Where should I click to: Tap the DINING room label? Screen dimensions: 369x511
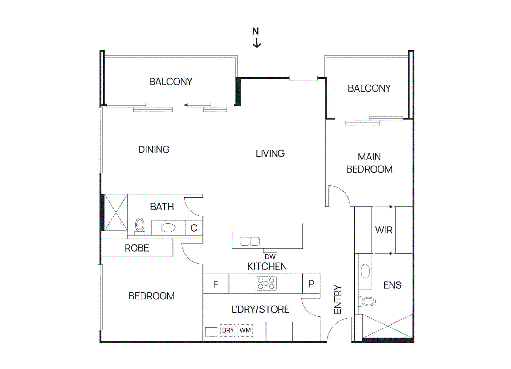(x=154, y=150)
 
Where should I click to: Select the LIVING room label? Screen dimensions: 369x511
(x=270, y=153)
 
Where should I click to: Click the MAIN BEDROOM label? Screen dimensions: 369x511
(x=369, y=163)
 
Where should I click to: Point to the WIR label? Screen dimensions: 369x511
(x=384, y=230)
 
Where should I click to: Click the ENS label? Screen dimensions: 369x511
(x=392, y=285)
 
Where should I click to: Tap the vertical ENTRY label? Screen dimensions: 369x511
(x=338, y=299)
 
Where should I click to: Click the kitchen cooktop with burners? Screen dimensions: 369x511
(x=266, y=283)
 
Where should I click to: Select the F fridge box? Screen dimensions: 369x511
(x=216, y=284)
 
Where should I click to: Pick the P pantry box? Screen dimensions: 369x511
(x=311, y=284)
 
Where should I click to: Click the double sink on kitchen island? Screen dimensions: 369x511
(x=250, y=241)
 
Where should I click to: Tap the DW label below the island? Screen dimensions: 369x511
(x=270, y=257)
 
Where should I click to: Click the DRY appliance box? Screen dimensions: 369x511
(x=228, y=330)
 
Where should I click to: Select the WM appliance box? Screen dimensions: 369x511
(x=245, y=330)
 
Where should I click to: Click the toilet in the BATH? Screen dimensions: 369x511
(x=140, y=225)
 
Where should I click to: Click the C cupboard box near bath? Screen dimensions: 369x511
(x=194, y=228)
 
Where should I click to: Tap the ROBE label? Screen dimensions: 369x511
(x=137, y=248)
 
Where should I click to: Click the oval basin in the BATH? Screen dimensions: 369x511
(x=168, y=227)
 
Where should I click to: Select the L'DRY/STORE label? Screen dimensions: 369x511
(x=260, y=309)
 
